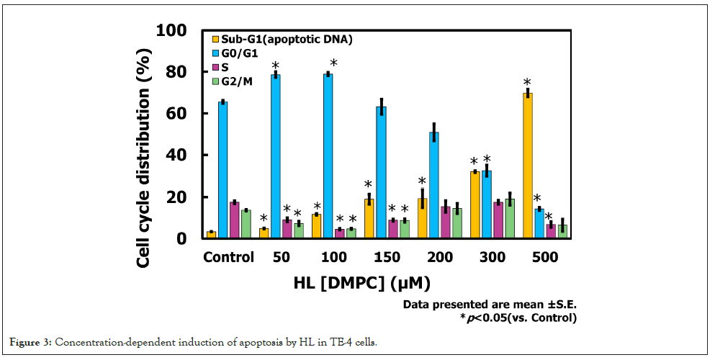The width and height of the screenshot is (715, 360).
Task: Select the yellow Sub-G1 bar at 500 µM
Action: pyautogui.click(x=527, y=166)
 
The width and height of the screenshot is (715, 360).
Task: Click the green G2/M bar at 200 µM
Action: pyautogui.click(x=457, y=223)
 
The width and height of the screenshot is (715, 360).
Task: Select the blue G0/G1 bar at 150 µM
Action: pyautogui.click(x=381, y=172)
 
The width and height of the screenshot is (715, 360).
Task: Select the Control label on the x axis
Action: pyautogui.click(x=229, y=257)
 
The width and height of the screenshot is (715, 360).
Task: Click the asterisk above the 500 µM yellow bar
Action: pyautogui.click(x=527, y=83)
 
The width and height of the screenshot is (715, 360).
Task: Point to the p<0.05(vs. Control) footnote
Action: pyautogui.click(x=522, y=317)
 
